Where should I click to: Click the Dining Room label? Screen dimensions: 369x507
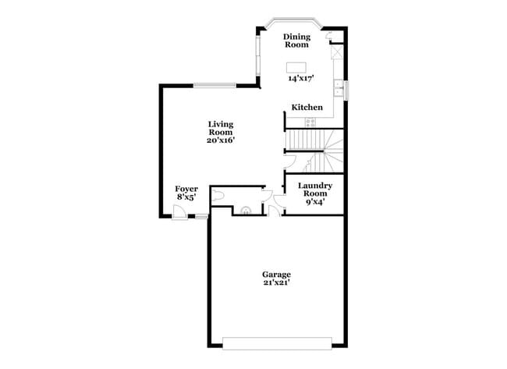coord(296,41)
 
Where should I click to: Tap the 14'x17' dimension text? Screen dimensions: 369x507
coord(296,79)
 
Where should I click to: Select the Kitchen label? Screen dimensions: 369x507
coord(307,107)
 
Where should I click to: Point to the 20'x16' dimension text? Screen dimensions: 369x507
coord(221,141)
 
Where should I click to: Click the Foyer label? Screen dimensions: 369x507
coord(186,189)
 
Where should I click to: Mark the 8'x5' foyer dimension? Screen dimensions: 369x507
coord(186,198)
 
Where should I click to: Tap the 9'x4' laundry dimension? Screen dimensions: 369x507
coord(315,201)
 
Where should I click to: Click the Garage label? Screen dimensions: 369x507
coord(276,275)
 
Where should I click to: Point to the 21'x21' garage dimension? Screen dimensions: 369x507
coord(276,283)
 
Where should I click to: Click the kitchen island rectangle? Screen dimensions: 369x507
coord(296,67)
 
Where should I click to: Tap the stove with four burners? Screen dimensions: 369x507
coord(310,121)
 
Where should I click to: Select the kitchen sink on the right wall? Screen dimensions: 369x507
coord(341,88)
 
